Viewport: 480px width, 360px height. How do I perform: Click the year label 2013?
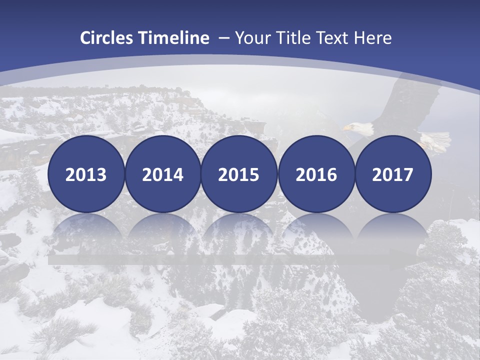tap(86, 175)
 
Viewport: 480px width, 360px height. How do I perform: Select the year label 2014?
tap(162, 175)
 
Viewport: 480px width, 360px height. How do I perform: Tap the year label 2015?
tap(239, 175)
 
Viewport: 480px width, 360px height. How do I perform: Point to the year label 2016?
tap(316, 175)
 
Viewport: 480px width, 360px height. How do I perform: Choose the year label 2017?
tap(392, 175)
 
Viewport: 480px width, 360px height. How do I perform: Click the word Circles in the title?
tap(107, 38)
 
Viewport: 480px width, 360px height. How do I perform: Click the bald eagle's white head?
tap(359, 128)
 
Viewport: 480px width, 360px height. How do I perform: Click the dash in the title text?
tap(223, 38)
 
